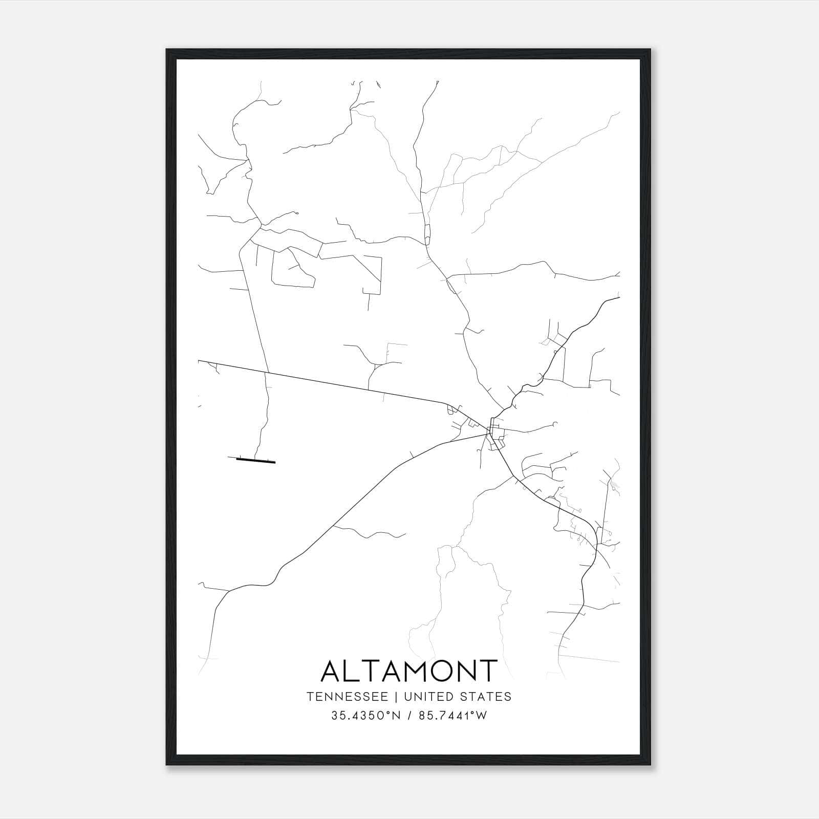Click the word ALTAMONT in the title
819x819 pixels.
409,671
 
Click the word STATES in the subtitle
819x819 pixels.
490,697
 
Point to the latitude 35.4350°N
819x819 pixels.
363,716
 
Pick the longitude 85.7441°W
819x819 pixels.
452,716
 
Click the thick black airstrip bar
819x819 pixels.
256,460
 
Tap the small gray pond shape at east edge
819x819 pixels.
614,483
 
